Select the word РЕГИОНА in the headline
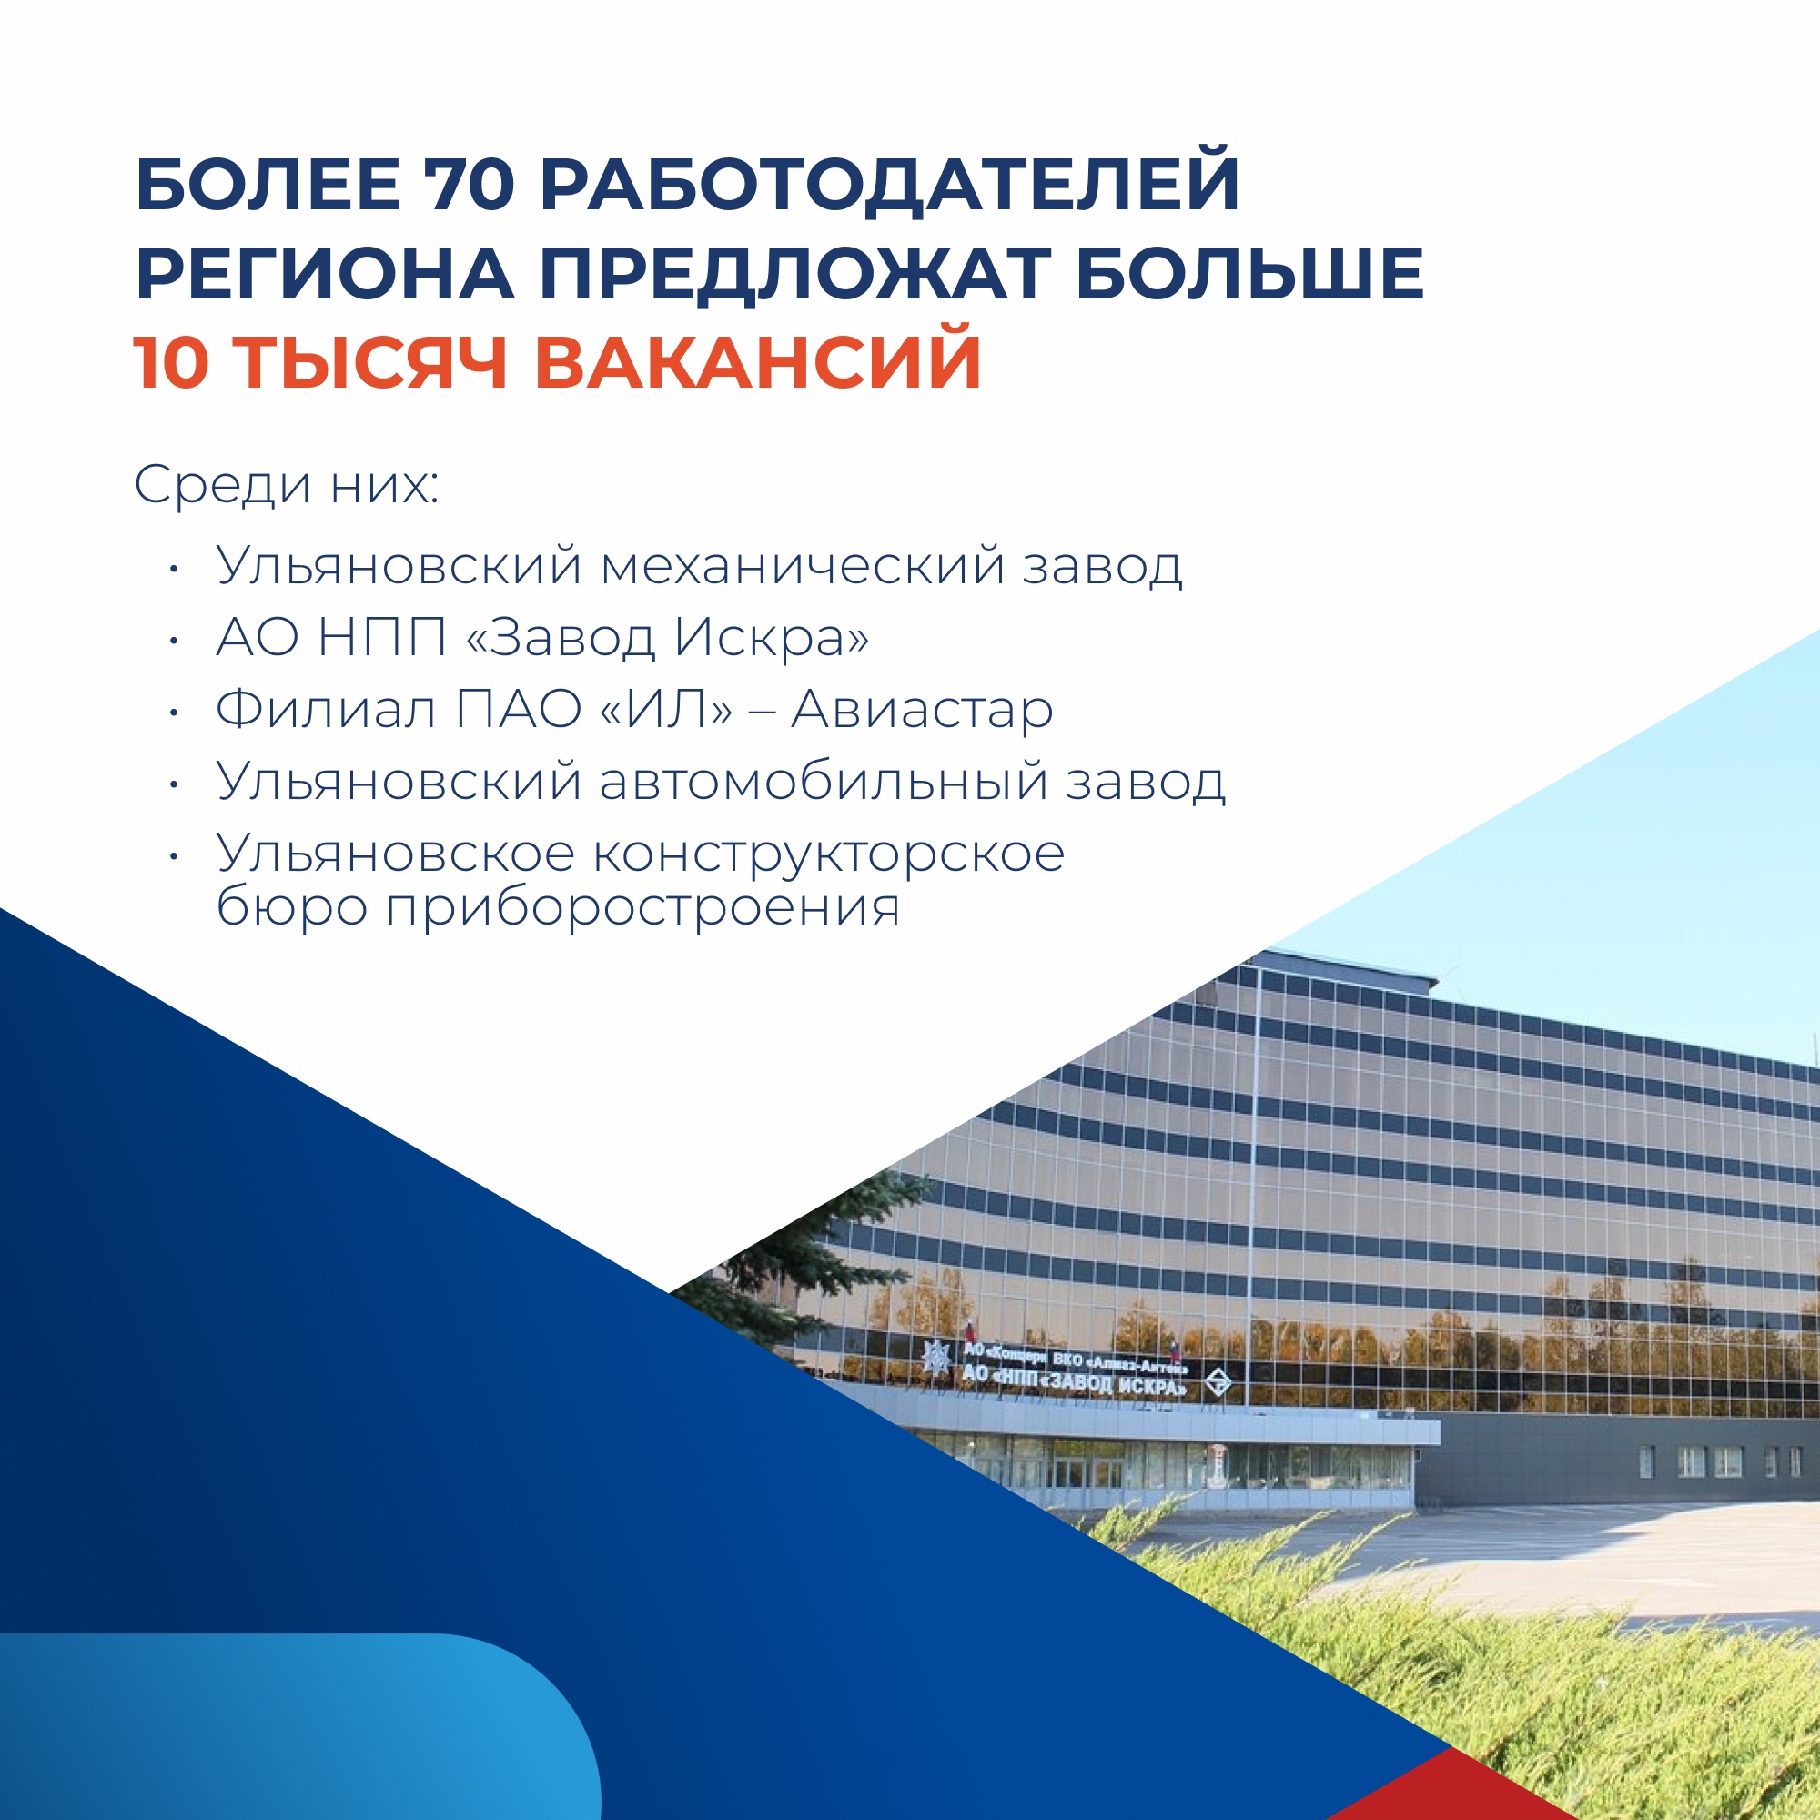(325, 274)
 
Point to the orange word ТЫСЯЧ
(369, 364)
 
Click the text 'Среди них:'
(287, 486)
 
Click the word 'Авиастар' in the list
(921, 712)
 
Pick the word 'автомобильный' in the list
(824, 781)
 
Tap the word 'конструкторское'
(829, 854)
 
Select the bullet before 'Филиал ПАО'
(173, 713)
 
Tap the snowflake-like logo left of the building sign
(936, 1357)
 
